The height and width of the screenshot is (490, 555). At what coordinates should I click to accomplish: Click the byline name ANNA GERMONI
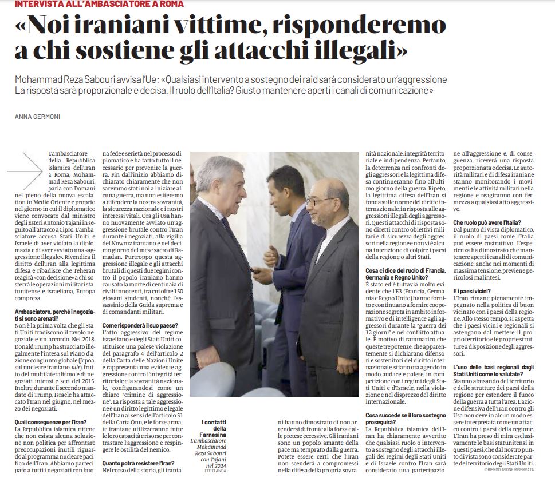click(x=38, y=117)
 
